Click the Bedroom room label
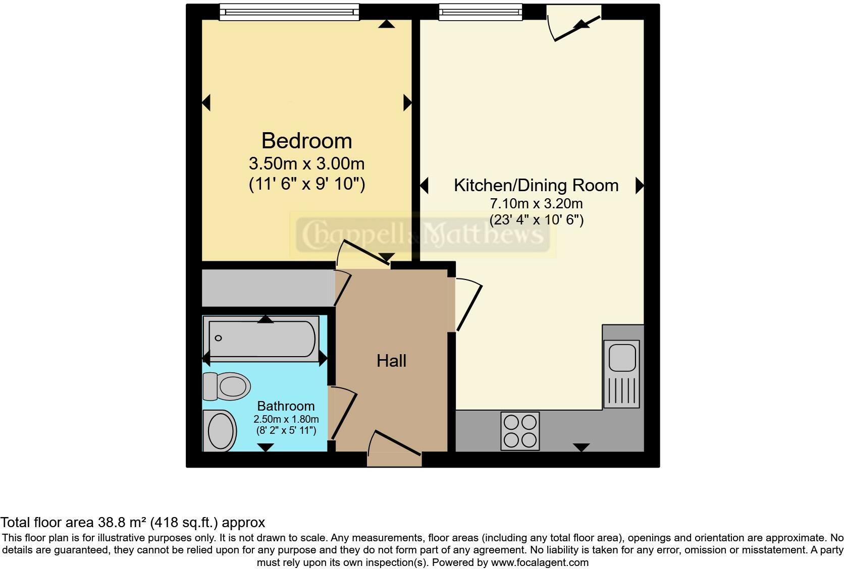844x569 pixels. pyautogui.click(x=306, y=141)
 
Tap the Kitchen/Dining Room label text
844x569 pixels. pyautogui.click(x=536, y=185)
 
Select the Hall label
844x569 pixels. pyautogui.click(x=391, y=361)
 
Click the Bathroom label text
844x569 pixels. pyautogui.click(x=286, y=406)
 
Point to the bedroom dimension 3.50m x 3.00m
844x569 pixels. pyautogui.click(x=306, y=163)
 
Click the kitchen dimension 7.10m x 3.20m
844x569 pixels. pyautogui.click(x=536, y=204)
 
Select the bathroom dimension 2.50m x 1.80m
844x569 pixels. pyautogui.click(x=286, y=419)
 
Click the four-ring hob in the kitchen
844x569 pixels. pyautogui.click(x=520, y=431)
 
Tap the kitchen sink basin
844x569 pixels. pyautogui.click(x=622, y=358)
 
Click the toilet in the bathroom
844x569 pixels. pyautogui.click(x=227, y=387)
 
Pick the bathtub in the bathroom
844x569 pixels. pyautogui.click(x=262, y=338)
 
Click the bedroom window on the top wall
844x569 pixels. pyautogui.click(x=289, y=12)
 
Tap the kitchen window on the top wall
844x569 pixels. pyautogui.click(x=480, y=12)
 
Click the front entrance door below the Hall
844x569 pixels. pyautogui.click(x=395, y=449)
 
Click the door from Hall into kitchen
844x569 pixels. pyautogui.click(x=467, y=306)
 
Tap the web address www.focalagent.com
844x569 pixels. pyautogui.click(x=539, y=562)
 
